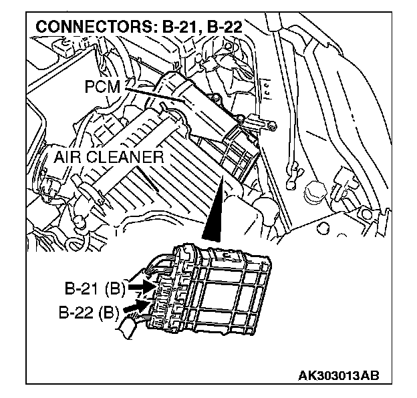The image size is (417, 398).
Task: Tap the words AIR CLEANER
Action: tap(109, 158)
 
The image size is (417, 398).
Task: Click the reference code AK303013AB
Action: tap(339, 375)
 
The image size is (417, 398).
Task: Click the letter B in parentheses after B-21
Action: tap(118, 289)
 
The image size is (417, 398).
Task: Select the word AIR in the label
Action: tap(69, 158)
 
